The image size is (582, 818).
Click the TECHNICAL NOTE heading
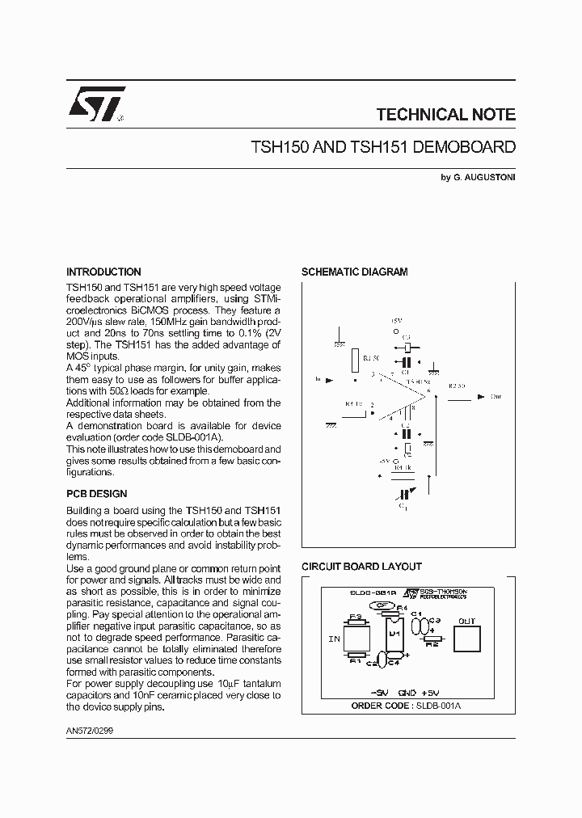pos(445,115)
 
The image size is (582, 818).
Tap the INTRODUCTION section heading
pos(103,272)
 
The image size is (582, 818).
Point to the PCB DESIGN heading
pos(96,494)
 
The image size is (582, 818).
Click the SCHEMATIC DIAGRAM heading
pos(354,272)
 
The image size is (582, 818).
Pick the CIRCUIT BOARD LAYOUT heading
pos(361,567)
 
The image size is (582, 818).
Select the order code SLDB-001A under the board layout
pos(445,706)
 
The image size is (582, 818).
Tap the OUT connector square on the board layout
pos(467,638)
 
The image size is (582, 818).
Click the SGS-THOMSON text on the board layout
pos(443,592)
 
